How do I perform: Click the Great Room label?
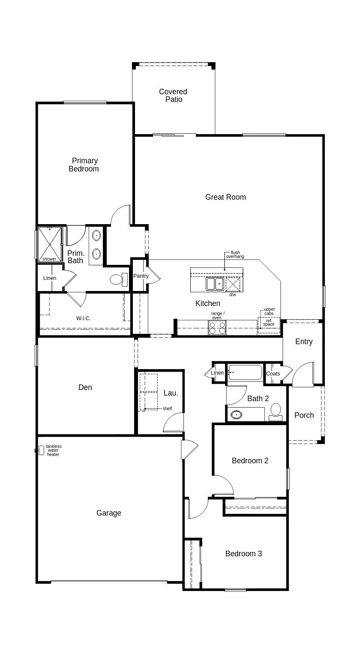point(225,197)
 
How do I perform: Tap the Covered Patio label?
point(173,96)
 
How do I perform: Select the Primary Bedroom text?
point(84,165)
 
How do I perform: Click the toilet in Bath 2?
point(276,412)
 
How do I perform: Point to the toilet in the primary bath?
point(119,279)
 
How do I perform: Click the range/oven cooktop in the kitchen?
point(217,327)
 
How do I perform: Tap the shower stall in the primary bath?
point(50,244)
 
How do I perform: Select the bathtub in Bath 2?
point(245,372)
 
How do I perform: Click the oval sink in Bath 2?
point(236,414)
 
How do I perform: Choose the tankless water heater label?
point(54,450)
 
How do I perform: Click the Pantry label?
point(141,276)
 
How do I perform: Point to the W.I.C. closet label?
point(84,318)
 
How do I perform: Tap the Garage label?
point(108,513)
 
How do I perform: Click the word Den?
point(85,387)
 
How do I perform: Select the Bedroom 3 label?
point(243,554)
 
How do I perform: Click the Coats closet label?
point(273,373)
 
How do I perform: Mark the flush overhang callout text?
point(235,254)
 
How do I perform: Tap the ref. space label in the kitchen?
point(269,322)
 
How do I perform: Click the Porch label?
point(304,415)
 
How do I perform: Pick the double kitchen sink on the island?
point(215,284)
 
